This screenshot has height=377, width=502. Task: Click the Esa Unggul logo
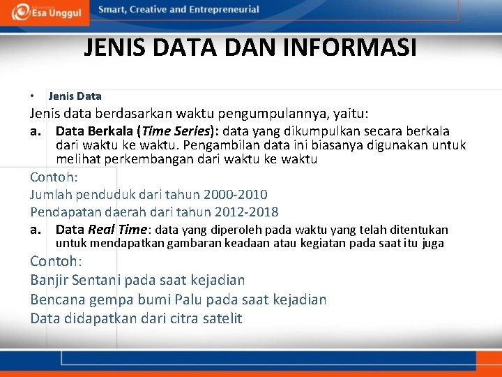click(47, 12)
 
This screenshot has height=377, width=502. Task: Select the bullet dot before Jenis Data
click(33, 96)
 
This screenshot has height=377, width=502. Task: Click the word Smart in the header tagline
click(113, 10)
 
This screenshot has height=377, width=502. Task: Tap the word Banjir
click(48, 280)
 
